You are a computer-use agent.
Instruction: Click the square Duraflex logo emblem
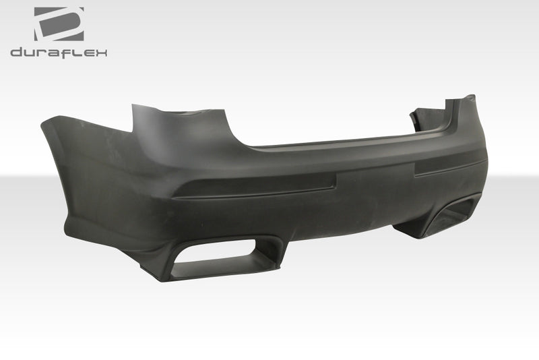click(x=59, y=24)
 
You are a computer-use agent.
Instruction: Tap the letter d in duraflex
click(x=16, y=53)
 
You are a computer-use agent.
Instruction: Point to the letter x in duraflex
click(x=100, y=53)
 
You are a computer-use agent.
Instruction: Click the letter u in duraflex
click(x=30, y=53)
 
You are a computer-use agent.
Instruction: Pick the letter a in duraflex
click(x=57, y=53)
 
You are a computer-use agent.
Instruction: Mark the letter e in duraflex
click(x=88, y=53)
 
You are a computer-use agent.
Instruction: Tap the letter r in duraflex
click(x=44, y=53)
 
